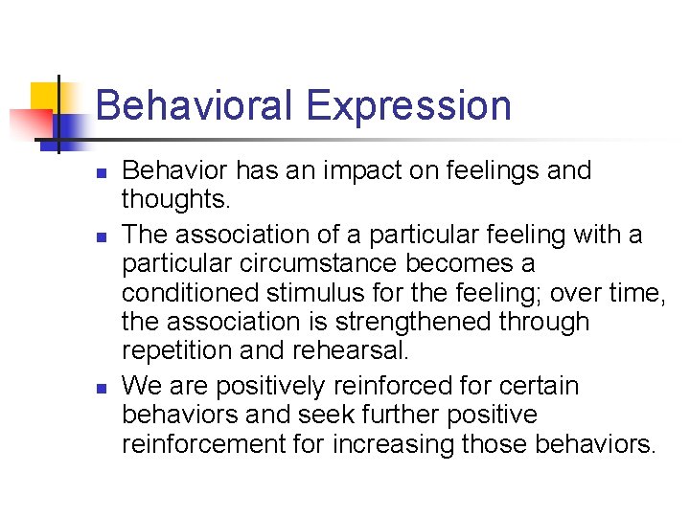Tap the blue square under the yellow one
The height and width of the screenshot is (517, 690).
click(x=69, y=127)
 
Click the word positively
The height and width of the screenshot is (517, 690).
click(x=275, y=387)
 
